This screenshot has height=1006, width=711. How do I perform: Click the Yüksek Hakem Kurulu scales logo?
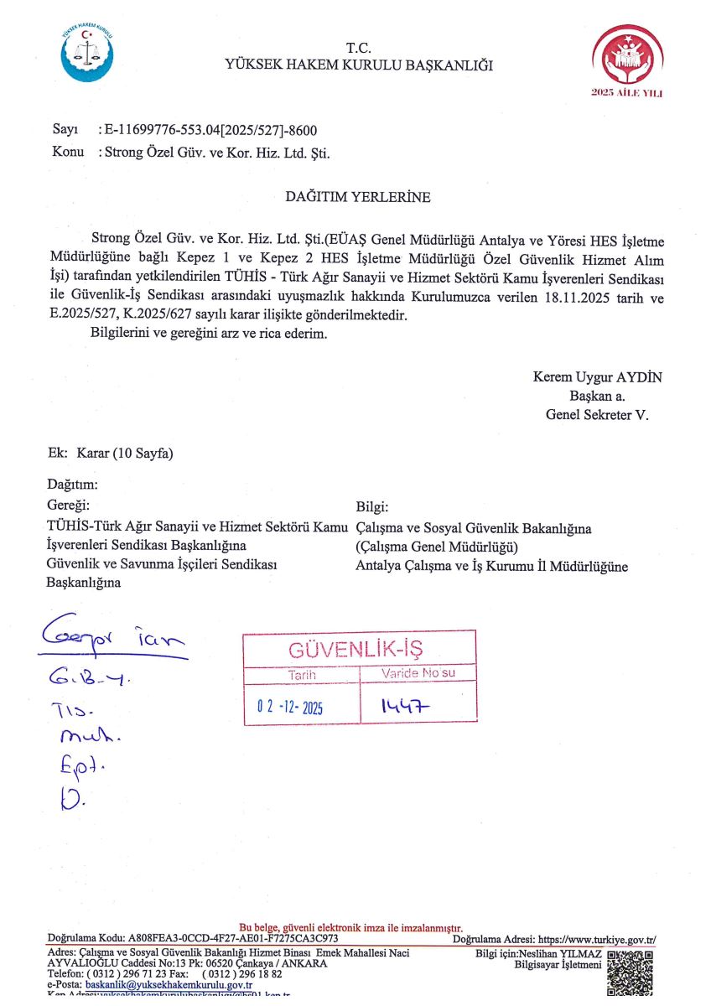click(x=86, y=53)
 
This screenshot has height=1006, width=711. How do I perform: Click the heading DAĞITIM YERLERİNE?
click(x=358, y=198)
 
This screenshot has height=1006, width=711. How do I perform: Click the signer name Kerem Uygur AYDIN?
click(x=597, y=377)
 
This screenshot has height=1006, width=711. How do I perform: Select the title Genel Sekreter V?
click(x=597, y=414)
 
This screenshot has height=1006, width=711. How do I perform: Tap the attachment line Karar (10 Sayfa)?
click(x=124, y=454)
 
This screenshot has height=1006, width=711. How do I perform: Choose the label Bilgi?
click(x=373, y=507)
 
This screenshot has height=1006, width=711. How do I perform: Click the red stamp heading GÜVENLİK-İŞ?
click(x=357, y=649)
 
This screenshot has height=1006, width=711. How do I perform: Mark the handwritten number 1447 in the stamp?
click(x=406, y=708)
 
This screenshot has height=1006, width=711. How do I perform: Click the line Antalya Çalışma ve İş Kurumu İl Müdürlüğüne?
click(x=491, y=567)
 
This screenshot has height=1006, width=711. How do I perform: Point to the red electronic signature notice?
click(x=351, y=927)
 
